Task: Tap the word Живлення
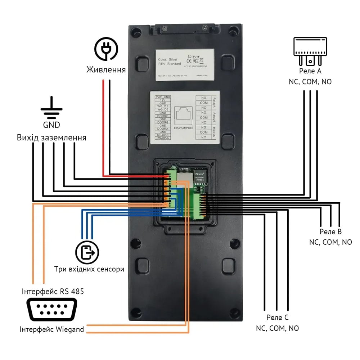(x=106, y=69)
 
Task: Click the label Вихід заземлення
(x=51, y=138)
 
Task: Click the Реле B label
(x=330, y=231)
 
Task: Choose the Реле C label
(x=277, y=318)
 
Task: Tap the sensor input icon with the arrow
(x=87, y=252)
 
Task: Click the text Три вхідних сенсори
(x=89, y=269)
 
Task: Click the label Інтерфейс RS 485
(x=52, y=291)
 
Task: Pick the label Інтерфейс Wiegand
(x=52, y=329)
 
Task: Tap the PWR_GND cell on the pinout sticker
(x=162, y=97)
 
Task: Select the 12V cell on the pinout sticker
(x=162, y=101)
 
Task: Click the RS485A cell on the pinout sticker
(x=162, y=138)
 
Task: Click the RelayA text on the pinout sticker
(x=214, y=103)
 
